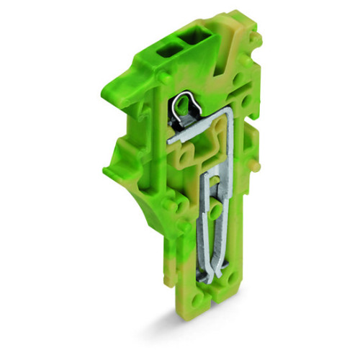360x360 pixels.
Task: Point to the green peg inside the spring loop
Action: pos(182,109)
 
